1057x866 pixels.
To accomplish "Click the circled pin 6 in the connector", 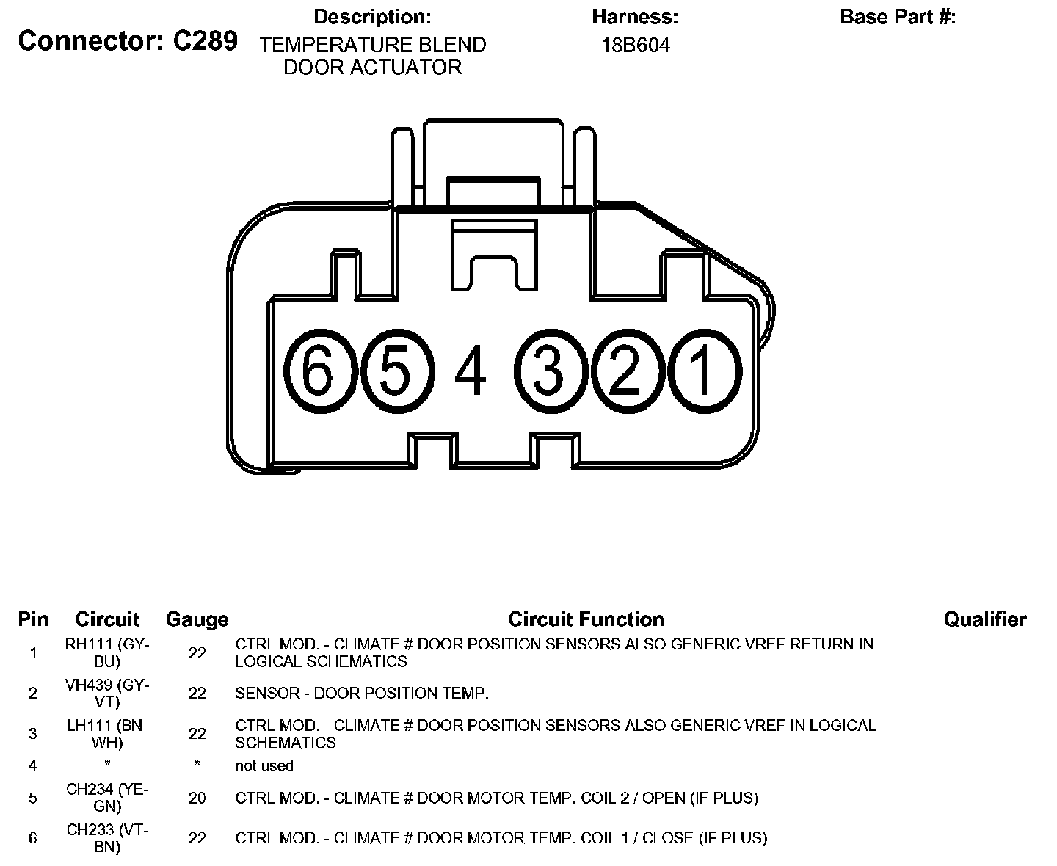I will (x=318, y=370).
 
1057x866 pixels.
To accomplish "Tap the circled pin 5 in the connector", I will (x=395, y=370).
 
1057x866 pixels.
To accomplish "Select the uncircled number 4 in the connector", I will (x=471, y=371).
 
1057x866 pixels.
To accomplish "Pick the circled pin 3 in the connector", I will (x=548, y=370).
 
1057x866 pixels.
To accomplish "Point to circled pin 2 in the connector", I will (x=625, y=370).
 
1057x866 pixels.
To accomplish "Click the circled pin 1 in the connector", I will (x=702, y=370).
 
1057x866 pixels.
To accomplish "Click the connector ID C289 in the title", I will (x=205, y=41).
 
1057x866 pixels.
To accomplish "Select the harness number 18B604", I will (x=636, y=46).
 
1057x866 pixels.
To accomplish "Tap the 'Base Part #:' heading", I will (x=898, y=17).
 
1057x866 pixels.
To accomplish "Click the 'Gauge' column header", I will (x=197, y=620).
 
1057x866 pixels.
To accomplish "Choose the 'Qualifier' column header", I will (x=985, y=619).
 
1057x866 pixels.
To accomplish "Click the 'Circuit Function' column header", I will (x=586, y=619).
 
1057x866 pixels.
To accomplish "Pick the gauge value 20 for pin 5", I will (x=197, y=798).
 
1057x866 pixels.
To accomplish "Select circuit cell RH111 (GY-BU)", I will (x=107, y=652).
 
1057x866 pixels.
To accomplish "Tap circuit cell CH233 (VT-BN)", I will (x=107, y=837).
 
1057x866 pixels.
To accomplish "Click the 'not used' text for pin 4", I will (x=264, y=765).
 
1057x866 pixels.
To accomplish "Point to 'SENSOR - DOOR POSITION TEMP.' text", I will (x=362, y=693).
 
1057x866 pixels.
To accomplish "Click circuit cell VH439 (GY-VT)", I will (x=107, y=693).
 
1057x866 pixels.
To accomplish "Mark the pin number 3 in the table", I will (x=32, y=733).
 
